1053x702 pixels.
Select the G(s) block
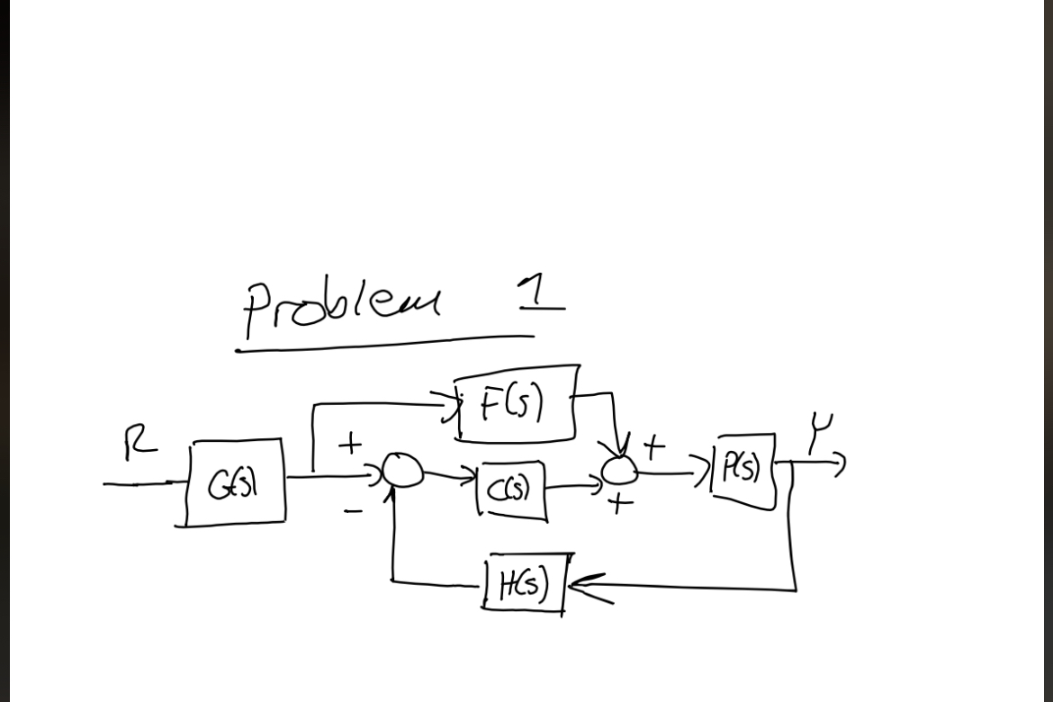pyautogui.click(x=237, y=483)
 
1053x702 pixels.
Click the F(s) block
pyautogui.click(x=517, y=405)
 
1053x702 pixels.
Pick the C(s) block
pyautogui.click(x=510, y=491)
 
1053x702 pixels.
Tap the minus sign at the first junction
pyautogui.click(x=354, y=510)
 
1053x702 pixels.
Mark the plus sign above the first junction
pyautogui.click(x=350, y=443)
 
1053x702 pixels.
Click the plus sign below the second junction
pyautogui.click(x=617, y=504)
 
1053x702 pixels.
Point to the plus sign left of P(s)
pyautogui.click(x=653, y=444)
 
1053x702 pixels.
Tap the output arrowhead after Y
pyautogui.click(x=839, y=464)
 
